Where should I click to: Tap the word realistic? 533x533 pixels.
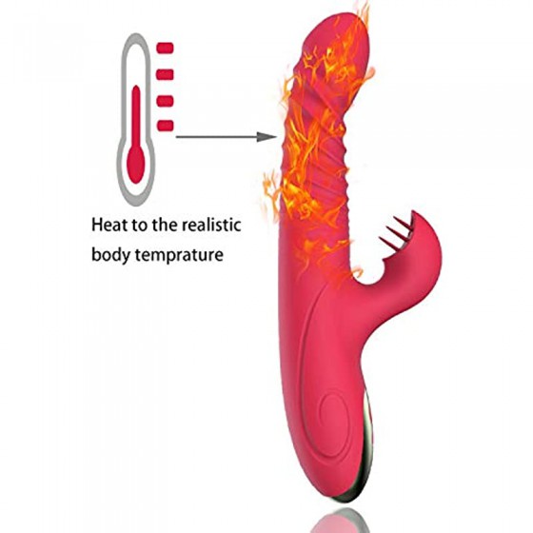pos(211,225)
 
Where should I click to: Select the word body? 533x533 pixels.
pos(110,254)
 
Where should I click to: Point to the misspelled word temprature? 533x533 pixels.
pos(179,255)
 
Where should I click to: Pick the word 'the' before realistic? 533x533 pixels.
pos(165,225)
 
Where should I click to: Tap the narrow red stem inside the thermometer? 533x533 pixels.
pos(136,115)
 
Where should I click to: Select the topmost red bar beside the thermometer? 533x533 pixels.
pos(166,49)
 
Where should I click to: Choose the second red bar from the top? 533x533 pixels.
pos(166,74)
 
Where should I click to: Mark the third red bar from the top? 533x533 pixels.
pos(166,101)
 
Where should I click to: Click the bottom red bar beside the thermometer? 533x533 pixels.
pos(166,126)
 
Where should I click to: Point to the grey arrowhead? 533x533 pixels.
pos(266,137)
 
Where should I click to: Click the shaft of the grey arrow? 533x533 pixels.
pos(217,137)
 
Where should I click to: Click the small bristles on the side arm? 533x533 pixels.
pos(396,231)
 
